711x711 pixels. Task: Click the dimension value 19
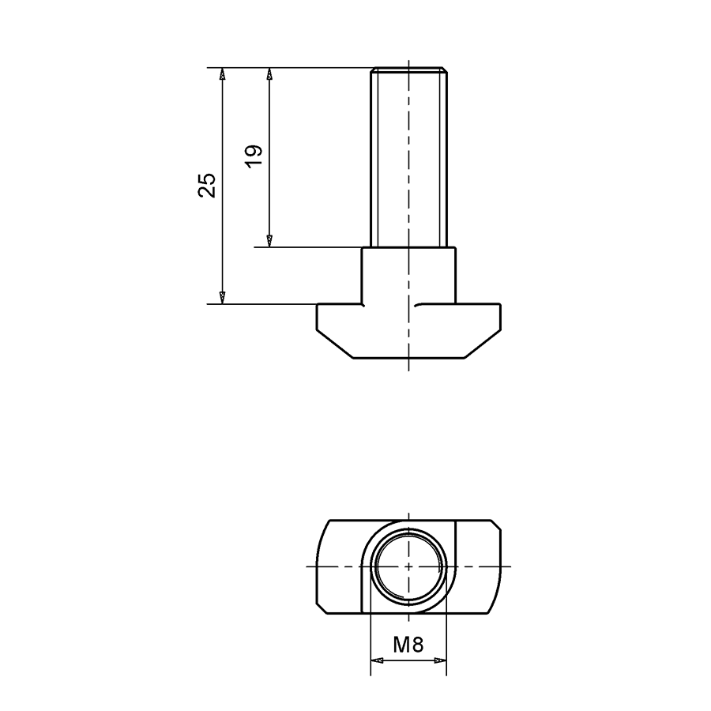coord(254,156)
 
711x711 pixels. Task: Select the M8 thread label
coord(408,645)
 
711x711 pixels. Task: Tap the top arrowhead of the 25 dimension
coord(223,74)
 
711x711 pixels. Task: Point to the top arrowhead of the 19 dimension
coord(269,74)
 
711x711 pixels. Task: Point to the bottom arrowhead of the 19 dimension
coord(269,240)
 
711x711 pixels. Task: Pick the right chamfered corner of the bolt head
coord(483,345)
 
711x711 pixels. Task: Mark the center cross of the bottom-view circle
coord(408,566)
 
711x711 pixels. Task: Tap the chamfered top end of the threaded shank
coord(409,70)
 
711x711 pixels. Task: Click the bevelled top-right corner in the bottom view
coord(496,524)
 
